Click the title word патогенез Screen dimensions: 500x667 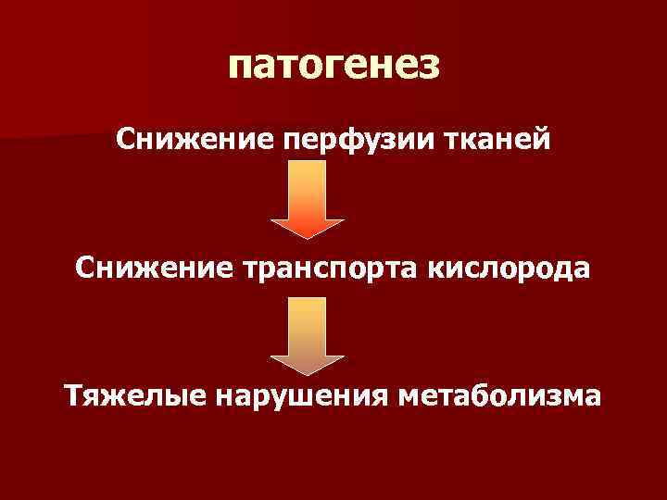(x=333, y=67)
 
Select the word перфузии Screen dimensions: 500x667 (x=332, y=140)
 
